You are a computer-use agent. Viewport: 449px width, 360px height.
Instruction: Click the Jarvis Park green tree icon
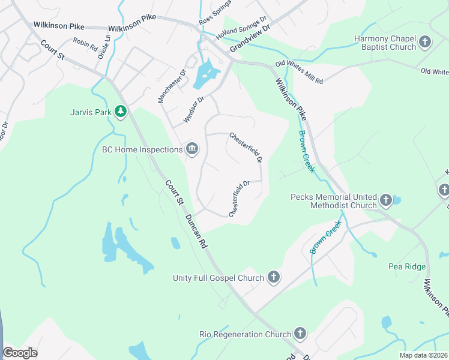121,111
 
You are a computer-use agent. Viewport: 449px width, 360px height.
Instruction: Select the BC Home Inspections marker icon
192,149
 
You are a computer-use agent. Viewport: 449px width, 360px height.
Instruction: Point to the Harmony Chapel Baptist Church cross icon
425,42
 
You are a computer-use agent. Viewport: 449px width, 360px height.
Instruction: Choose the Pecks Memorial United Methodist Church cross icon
385,200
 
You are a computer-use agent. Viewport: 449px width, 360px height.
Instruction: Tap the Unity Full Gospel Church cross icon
273,277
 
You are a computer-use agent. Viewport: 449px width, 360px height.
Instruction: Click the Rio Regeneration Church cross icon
300,333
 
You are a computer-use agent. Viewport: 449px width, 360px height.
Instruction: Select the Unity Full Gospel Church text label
218,278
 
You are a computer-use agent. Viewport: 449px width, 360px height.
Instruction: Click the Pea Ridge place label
407,266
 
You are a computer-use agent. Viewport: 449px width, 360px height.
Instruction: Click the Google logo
20,352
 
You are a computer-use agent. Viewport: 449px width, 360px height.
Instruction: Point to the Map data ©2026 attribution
423,355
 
